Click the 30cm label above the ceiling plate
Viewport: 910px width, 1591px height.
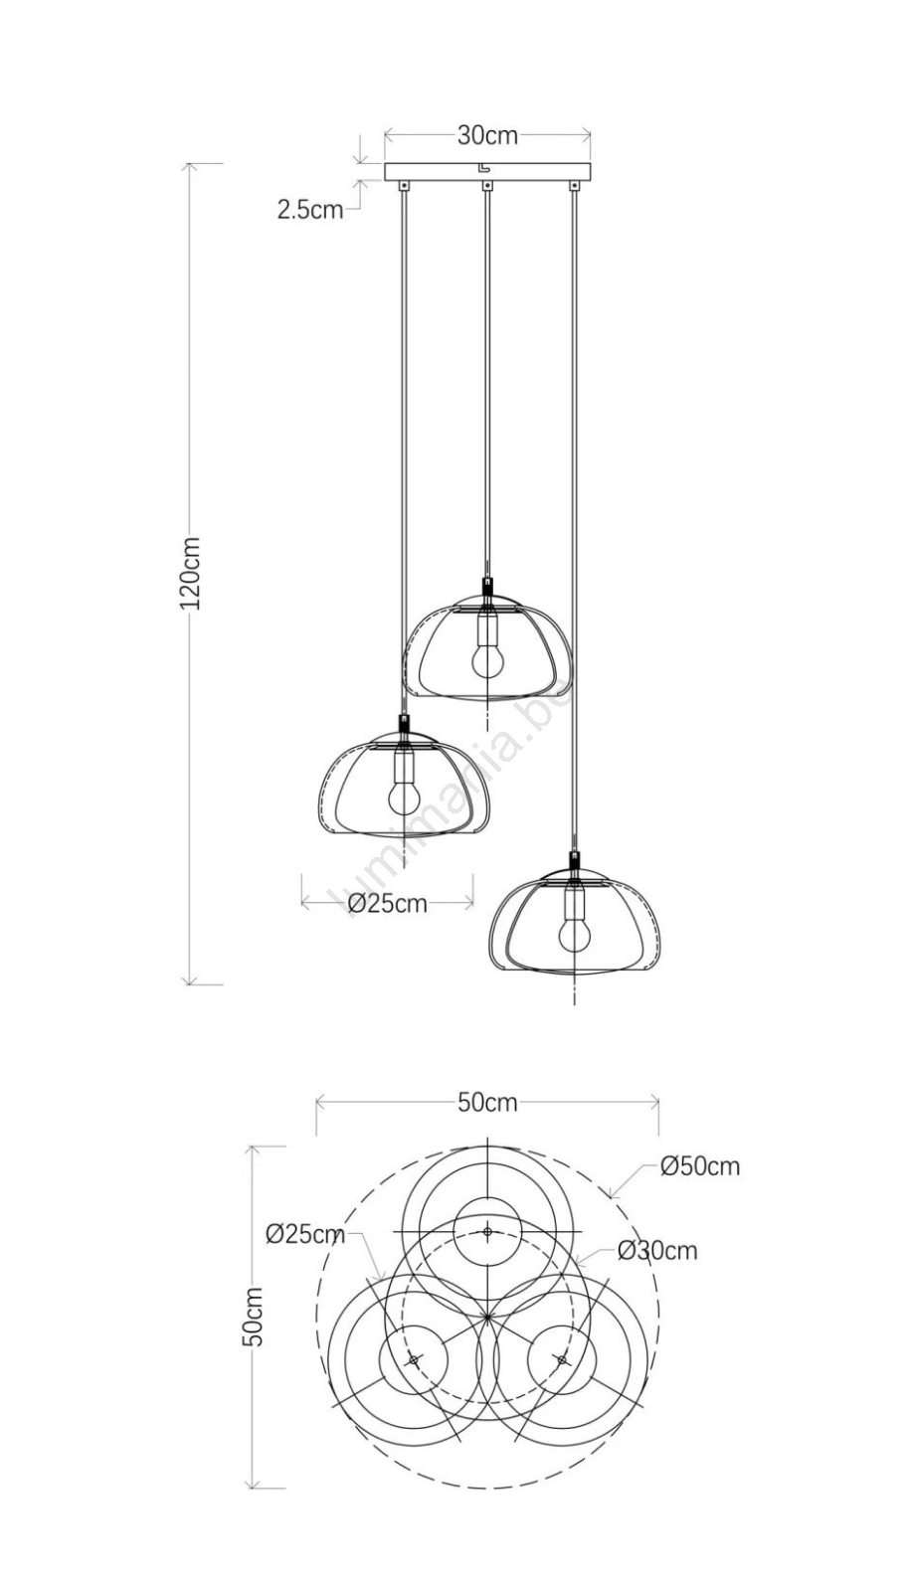[x=487, y=135]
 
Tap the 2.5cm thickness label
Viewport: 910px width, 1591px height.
[x=310, y=210]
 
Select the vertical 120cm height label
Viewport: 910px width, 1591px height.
[x=190, y=573]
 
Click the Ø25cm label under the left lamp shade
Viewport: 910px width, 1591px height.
[x=388, y=904]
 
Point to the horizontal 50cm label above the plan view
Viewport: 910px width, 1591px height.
[x=487, y=1103]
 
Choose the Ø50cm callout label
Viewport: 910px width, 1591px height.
[x=700, y=1166]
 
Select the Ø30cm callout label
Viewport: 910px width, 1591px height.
[x=657, y=1250]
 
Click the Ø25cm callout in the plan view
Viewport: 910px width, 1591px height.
[x=305, y=1234]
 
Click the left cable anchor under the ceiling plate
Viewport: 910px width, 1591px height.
[x=404, y=185]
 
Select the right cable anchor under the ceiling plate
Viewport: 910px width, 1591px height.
[x=573, y=185]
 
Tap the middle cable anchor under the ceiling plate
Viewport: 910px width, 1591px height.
[x=487, y=185]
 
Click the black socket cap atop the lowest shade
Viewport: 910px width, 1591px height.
[x=573, y=861]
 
